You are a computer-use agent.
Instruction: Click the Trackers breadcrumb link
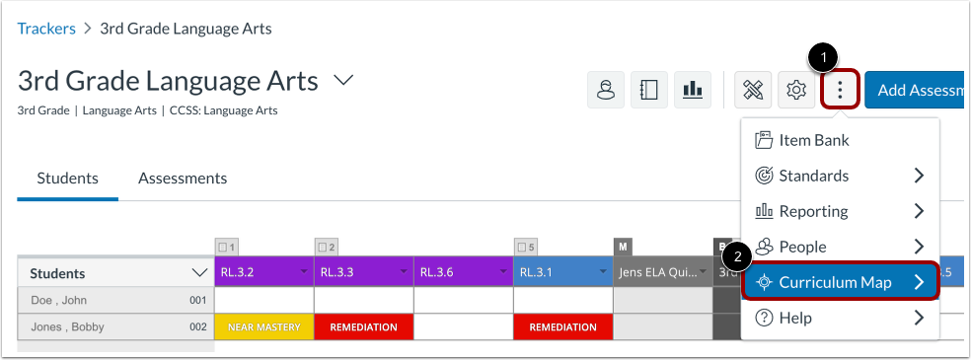click(46, 29)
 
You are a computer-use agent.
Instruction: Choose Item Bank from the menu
click(813, 140)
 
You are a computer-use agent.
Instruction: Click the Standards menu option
click(813, 176)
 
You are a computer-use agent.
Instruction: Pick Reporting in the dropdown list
click(813, 211)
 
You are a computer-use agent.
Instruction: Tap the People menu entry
click(801, 247)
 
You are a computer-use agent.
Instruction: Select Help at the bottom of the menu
click(794, 318)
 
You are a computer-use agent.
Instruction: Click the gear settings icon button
click(795, 91)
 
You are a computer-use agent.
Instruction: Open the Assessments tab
click(183, 179)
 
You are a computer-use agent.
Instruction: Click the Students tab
click(67, 179)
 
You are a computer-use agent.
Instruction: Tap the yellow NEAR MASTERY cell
click(263, 326)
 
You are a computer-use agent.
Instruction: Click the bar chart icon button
click(693, 91)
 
